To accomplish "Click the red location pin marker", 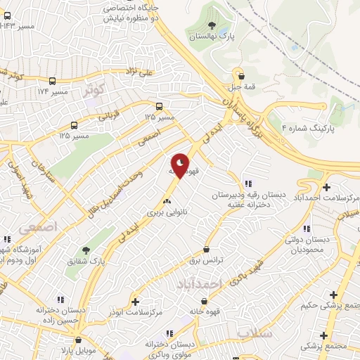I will pos(181,167).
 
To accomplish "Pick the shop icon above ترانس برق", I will pos(206,249).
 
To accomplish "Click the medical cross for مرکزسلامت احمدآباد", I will pos(326,187).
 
